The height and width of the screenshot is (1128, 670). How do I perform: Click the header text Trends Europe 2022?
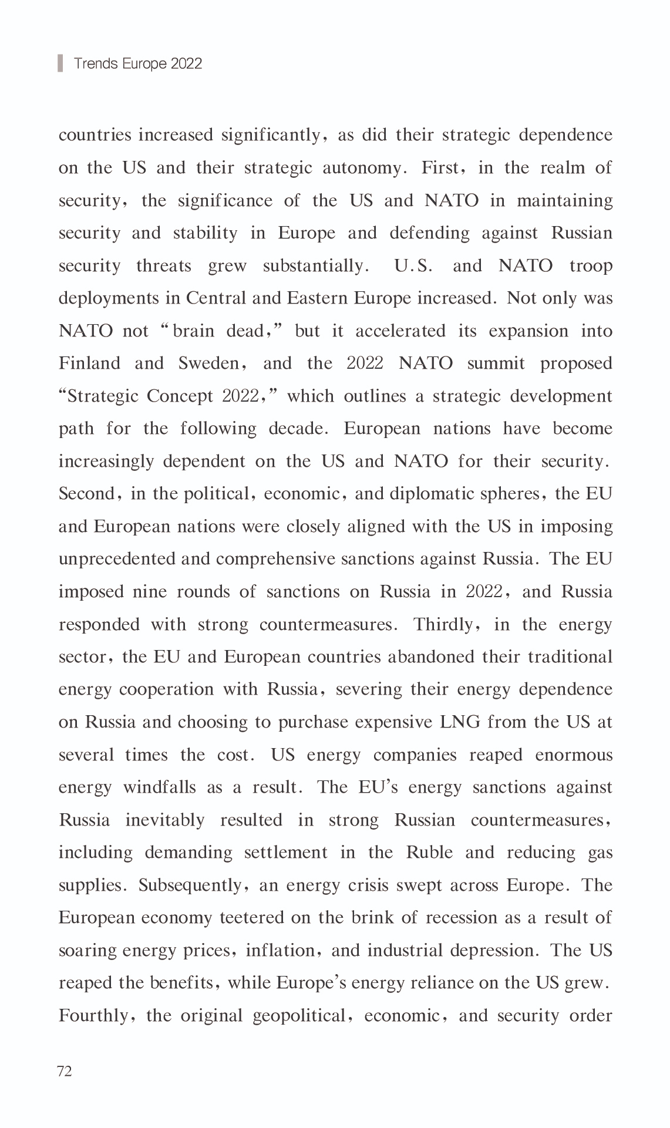pyautogui.click(x=138, y=63)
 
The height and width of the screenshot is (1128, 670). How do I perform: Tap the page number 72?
pyautogui.click(x=65, y=1071)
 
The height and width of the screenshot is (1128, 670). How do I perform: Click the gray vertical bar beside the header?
pyautogui.click(x=60, y=63)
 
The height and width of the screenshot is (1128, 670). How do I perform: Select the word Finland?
pyautogui.click(x=89, y=363)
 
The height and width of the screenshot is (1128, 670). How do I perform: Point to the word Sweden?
pyautogui.click(x=208, y=363)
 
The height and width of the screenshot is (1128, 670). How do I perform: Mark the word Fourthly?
pyautogui.click(x=92, y=1016)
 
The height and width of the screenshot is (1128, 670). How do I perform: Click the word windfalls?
pyautogui.click(x=159, y=787)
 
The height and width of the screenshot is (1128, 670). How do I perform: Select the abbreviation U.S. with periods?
pyautogui.click(x=413, y=266)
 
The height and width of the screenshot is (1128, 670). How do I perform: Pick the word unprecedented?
pyautogui.click(x=117, y=559)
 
